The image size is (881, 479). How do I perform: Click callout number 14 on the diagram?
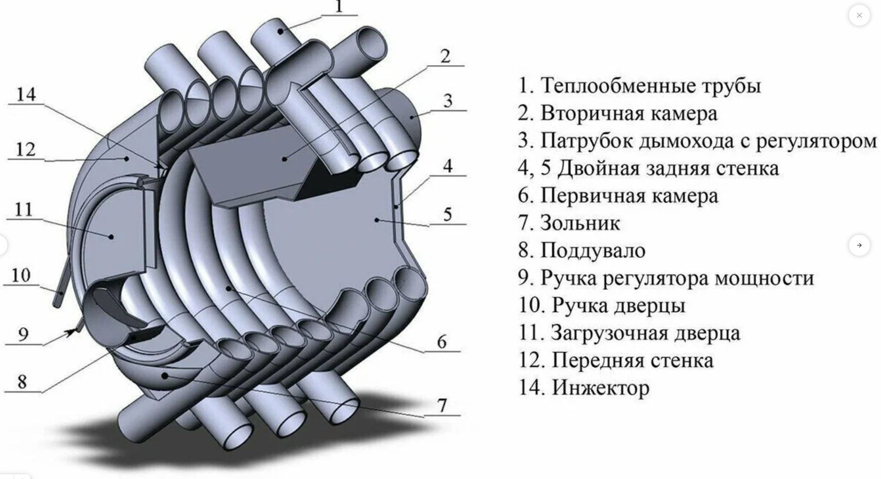click(x=26, y=95)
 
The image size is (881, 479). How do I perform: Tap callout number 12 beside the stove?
click(x=26, y=150)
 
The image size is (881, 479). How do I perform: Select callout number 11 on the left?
click(x=24, y=210)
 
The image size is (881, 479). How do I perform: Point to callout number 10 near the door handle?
click(x=21, y=275)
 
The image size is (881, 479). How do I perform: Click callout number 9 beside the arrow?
click(x=23, y=335)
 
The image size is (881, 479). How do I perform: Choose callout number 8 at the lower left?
click(x=22, y=382)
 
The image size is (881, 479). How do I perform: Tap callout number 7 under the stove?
click(x=443, y=405)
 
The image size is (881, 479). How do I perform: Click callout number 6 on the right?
click(x=442, y=342)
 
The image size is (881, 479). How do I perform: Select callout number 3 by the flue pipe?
click(x=447, y=101)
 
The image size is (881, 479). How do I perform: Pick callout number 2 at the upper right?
click(x=445, y=56)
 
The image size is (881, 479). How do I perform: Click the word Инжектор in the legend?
click(x=601, y=388)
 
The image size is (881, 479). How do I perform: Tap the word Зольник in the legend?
click(x=580, y=223)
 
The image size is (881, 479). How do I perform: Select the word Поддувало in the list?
click(x=593, y=251)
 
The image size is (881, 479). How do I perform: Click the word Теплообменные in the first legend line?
click(x=598, y=86)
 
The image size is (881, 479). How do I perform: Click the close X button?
click(x=859, y=15)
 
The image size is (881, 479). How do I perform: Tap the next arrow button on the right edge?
click(x=859, y=245)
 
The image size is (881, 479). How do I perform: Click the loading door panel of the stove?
click(x=118, y=231)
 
